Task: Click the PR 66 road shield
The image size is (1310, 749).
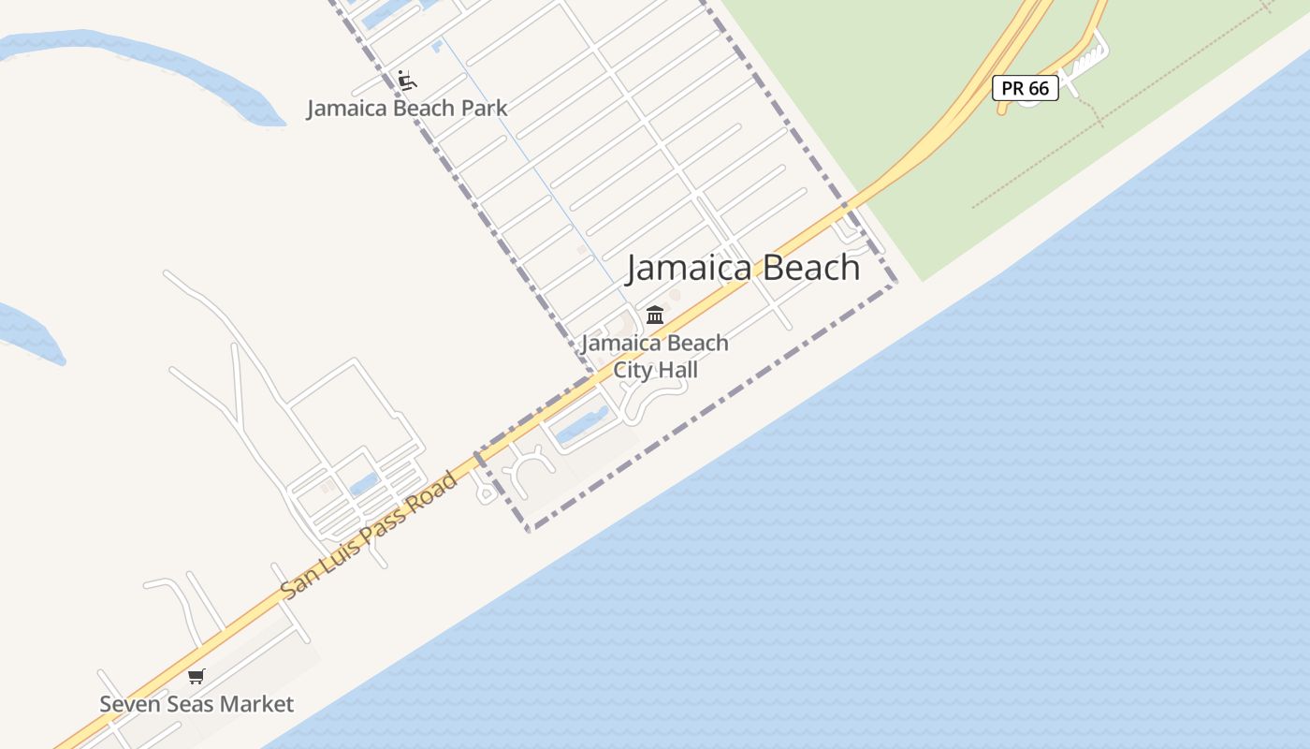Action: click(1025, 88)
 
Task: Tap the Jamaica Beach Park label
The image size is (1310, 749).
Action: click(407, 108)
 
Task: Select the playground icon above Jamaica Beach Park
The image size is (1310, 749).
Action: click(405, 80)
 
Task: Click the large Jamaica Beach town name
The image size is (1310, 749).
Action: click(743, 268)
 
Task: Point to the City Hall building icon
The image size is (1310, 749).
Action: click(655, 315)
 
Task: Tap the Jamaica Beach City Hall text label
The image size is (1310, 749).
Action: click(655, 357)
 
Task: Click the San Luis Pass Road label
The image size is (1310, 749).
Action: click(371, 535)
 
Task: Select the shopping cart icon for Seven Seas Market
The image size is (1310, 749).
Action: click(196, 676)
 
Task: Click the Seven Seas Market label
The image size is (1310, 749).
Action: click(196, 704)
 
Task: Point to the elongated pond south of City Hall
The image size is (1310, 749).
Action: click(581, 426)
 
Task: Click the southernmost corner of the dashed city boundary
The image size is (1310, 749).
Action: click(529, 530)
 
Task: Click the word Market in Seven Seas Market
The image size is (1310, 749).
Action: click(257, 704)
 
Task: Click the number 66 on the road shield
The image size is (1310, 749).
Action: click(1038, 88)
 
